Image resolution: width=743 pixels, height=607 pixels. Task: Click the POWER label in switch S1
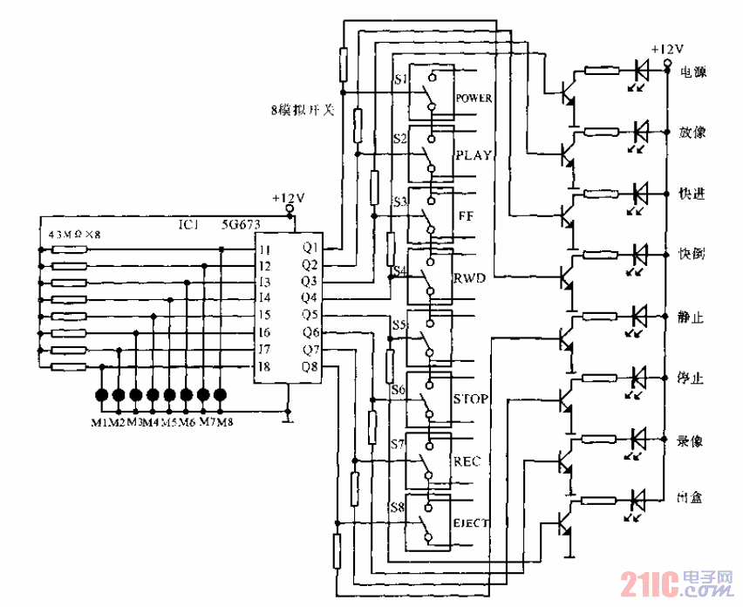474,98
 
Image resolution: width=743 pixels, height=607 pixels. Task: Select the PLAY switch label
474,155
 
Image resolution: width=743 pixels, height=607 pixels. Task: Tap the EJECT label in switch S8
471,523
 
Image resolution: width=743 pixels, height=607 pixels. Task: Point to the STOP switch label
471,399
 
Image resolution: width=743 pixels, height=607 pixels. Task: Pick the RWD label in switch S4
468,278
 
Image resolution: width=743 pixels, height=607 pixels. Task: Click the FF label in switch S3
465,215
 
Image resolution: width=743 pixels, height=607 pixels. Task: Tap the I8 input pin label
264,366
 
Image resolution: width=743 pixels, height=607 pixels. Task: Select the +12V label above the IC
288,198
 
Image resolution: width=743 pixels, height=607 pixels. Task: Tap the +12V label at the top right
665,51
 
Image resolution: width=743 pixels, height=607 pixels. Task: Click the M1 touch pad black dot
101,395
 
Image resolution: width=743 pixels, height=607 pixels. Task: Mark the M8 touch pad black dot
220,395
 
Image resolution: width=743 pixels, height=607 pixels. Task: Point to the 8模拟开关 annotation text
303,111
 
